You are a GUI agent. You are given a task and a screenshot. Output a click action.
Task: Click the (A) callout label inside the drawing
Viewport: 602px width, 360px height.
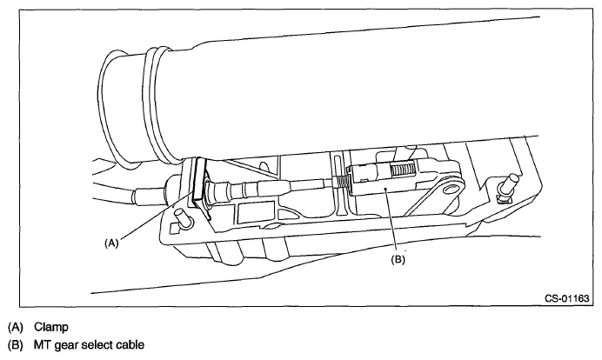(x=110, y=245)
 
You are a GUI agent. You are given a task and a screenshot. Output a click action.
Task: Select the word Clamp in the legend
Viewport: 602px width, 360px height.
(x=51, y=327)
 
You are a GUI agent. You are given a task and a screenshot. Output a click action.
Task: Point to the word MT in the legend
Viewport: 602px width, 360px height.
(x=43, y=345)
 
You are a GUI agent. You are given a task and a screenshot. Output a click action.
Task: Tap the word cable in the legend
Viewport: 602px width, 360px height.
(x=142, y=345)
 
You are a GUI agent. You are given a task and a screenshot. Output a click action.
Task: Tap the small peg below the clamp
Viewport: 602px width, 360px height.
(x=180, y=215)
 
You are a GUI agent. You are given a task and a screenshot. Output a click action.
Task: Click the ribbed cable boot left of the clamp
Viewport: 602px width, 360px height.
(x=171, y=185)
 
